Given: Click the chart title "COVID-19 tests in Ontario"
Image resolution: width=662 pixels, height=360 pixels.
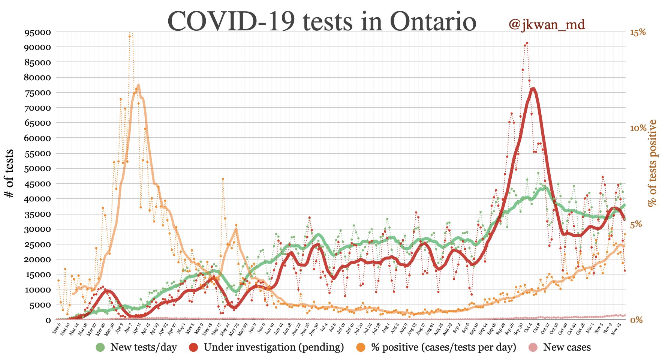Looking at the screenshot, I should [322, 22].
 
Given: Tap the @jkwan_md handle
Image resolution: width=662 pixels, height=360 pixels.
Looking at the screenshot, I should [547, 25].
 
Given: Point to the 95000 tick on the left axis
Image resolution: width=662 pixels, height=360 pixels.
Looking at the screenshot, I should [37, 32].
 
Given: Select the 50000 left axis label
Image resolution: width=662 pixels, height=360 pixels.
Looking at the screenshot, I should [37, 169].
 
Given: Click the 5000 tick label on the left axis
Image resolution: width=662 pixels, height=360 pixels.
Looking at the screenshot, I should [40, 305].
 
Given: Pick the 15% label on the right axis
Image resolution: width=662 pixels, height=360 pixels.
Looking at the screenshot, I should [638, 32].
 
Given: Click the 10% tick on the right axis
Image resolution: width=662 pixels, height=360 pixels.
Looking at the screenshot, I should [638, 128].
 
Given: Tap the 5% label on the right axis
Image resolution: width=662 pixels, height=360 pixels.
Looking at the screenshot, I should [636, 225].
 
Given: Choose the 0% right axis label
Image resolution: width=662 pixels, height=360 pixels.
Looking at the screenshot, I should [636, 320].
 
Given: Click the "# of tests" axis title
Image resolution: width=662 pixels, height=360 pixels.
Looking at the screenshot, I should [9, 173].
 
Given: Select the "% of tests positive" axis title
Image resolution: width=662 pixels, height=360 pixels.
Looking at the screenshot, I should [653, 163].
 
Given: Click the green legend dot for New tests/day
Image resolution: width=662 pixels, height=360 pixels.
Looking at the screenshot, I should [100, 348].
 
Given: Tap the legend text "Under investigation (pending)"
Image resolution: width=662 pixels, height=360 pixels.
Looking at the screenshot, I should [274, 348].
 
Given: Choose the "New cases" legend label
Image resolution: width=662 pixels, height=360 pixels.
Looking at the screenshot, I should [567, 348].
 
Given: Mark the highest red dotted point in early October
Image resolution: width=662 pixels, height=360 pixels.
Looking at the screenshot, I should [527, 43].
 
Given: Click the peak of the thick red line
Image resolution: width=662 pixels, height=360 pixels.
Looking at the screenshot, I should [533, 89].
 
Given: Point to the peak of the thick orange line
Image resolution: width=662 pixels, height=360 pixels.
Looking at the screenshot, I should [138, 85].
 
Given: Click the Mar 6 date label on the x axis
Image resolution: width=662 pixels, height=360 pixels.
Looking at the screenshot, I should [57, 330].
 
